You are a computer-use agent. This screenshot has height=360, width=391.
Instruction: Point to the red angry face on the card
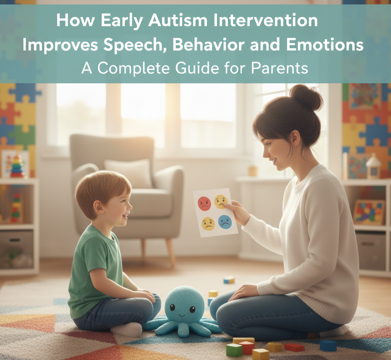click(x=205, y=204)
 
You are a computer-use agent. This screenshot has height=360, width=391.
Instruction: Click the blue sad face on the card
click(x=225, y=222)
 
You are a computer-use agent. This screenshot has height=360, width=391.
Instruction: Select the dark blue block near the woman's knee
click(x=328, y=345)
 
